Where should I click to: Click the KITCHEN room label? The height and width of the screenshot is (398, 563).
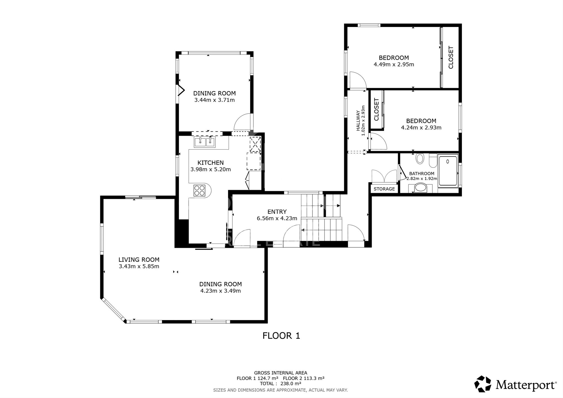(x=211, y=163)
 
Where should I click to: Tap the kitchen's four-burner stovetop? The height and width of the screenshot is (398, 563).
(x=199, y=190)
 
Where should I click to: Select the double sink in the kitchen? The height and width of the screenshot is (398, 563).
(x=205, y=142)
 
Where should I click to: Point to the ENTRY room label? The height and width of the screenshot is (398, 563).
(x=277, y=212)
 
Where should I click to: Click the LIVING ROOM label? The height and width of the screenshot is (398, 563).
(x=139, y=260)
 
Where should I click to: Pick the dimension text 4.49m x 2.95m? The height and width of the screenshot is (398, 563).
(x=394, y=64)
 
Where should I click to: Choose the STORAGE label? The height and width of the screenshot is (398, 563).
(x=384, y=189)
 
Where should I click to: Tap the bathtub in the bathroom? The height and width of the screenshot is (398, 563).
(x=448, y=171)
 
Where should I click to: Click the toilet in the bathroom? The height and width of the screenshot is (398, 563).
(x=420, y=159)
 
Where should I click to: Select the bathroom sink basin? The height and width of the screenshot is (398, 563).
(x=421, y=188)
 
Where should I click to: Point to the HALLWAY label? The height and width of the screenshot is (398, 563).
(x=358, y=121)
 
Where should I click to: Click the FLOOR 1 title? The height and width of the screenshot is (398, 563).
(x=281, y=336)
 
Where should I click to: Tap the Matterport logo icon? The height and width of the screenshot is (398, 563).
(x=483, y=384)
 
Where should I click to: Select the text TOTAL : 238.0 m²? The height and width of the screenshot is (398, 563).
(x=280, y=383)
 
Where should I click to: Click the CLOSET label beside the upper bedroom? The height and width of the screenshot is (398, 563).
(x=451, y=57)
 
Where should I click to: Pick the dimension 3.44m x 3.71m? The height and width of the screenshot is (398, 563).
(x=215, y=100)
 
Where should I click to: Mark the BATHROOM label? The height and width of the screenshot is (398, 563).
(x=422, y=174)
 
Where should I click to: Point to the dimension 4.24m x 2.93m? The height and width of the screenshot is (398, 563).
(x=421, y=128)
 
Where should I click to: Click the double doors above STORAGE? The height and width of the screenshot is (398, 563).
(x=384, y=176)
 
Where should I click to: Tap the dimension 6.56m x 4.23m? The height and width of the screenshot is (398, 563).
(x=277, y=218)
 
